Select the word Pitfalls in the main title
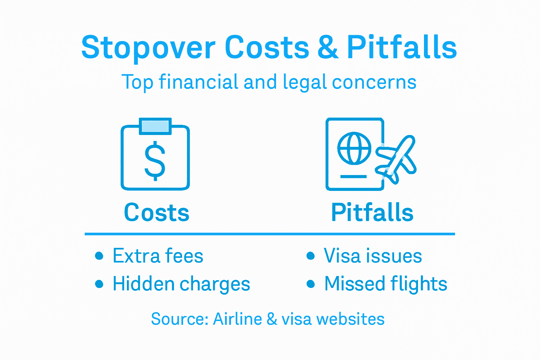(x=402, y=47)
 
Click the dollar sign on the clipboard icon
(x=155, y=161)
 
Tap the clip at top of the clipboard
(x=155, y=126)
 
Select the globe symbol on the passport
(x=354, y=148)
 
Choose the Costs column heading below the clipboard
(x=156, y=213)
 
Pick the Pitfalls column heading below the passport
(x=372, y=213)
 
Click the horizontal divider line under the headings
(x=270, y=234)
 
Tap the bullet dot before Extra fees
(x=99, y=256)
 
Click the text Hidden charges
(x=181, y=284)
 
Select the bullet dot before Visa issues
(x=310, y=256)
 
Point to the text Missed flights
(x=386, y=284)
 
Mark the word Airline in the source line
(x=237, y=319)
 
